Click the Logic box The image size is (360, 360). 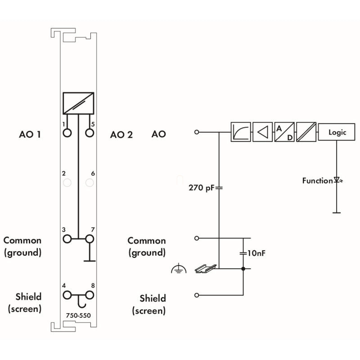pos(337,132)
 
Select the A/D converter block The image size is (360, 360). pos(284,132)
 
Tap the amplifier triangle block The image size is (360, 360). pos(263,132)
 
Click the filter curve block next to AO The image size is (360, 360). pos(241,132)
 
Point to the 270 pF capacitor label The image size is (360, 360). pos(201,188)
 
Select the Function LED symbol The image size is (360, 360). pos(337,181)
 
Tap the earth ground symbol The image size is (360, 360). pos(179,270)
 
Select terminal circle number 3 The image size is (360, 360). pos(67,238)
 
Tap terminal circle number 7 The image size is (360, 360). pos(90,238)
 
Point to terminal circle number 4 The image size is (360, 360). pos(67,295)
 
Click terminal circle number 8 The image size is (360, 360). pos(90,295)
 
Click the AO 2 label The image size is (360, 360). pos(121,135)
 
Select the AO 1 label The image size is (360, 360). pos(30,134)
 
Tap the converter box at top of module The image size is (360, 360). pos(79,103)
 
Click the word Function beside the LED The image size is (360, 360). pos(317,181)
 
